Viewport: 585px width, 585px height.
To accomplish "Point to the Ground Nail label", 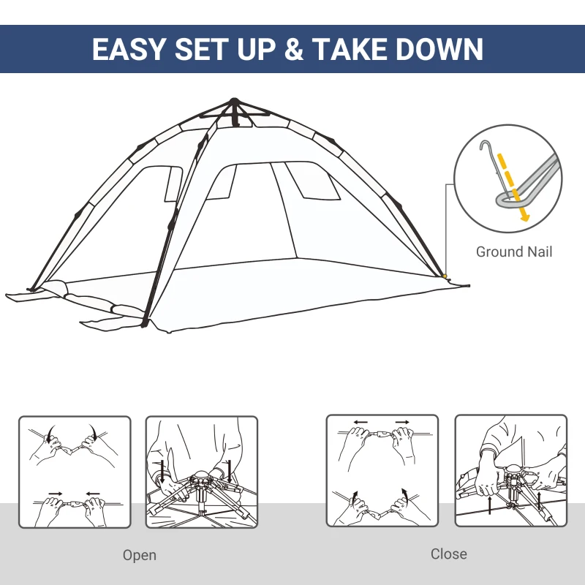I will pyautogui.click(x=514, y=252).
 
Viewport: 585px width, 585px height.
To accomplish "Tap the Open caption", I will pyautogui.click(x=139, y=555).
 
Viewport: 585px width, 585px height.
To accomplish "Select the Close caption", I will pyautogui.click(x=448, y=554).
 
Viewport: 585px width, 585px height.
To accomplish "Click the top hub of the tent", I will pyautogui.click(x=234, y=103).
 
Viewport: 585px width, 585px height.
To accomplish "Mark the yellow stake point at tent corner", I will pyautogui.click(x=445, y=276).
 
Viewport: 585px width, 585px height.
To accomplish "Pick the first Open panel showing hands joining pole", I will pyautogui.click(x=75, y=472).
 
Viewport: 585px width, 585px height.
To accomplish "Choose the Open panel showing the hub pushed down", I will pyautogui.click(x=202, y=472).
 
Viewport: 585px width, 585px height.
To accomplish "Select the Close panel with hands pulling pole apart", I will pyautogui.click(x=382, y=470).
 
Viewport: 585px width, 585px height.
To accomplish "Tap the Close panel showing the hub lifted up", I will pyautogui.click(x=510, y=470).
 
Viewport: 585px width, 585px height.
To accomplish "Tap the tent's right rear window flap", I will pyautogui.click(x=313, y=181).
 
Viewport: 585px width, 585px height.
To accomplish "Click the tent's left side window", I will pyautogui.click(x=173, y=183).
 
